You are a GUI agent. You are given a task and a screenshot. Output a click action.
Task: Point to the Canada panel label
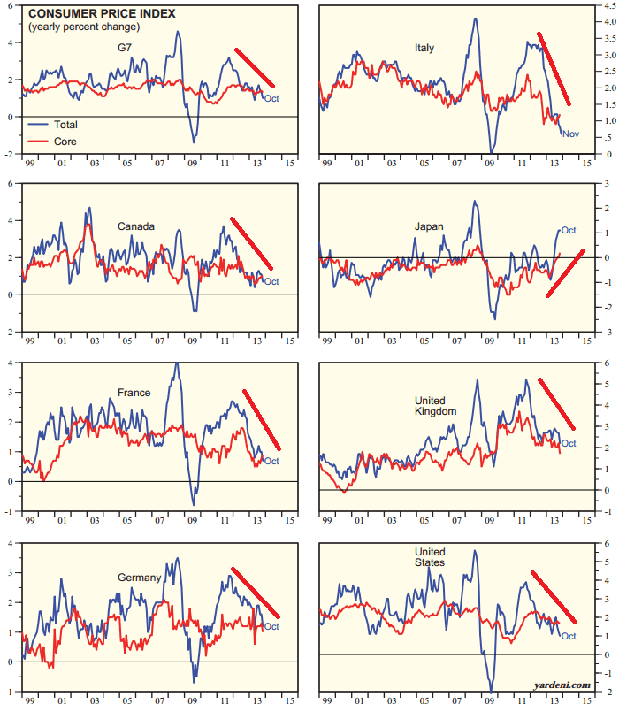136,226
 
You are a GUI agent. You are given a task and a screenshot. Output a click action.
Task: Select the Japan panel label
429,226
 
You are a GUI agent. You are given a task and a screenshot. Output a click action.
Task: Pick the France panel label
134,393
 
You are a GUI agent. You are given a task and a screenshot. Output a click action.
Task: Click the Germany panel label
140,578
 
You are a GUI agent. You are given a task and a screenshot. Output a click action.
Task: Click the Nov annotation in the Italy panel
570,134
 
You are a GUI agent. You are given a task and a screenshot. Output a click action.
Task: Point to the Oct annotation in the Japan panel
568,232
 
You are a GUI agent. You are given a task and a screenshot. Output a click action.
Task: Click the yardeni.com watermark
562,685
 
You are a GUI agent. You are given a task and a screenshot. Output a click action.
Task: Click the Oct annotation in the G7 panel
271,98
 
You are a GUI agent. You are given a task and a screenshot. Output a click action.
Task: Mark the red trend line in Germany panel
255,593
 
